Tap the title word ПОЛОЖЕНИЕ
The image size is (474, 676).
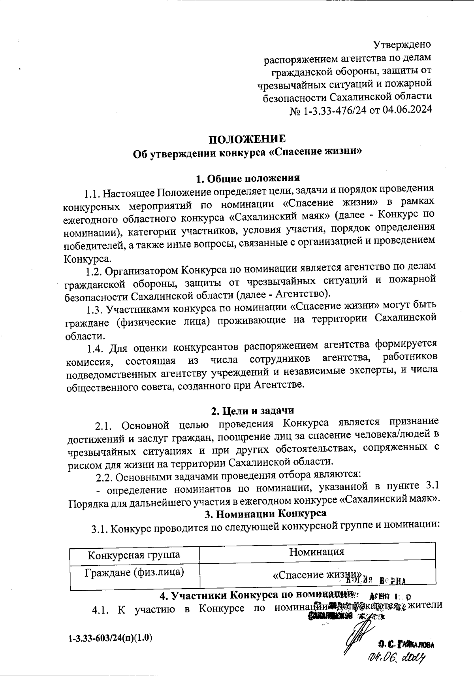[246, 140]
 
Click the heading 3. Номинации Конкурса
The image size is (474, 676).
[265, 514]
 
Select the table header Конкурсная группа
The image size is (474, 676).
[134, 554]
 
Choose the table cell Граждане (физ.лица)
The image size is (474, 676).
[134, 572]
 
